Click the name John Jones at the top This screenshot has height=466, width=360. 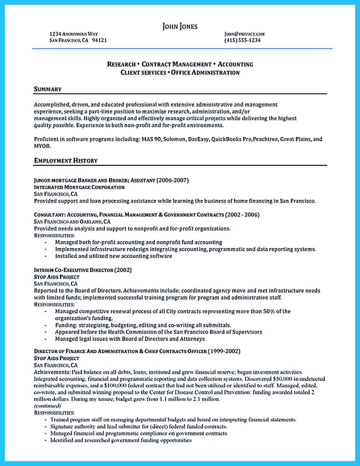coord(180,26)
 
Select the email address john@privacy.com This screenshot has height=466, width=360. coord(244,34)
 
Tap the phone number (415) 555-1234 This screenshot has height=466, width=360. coord(242,40)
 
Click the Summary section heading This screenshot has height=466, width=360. coord(48,89)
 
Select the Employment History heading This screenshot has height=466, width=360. coord(66,160)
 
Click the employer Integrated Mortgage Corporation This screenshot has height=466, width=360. coord(80,187)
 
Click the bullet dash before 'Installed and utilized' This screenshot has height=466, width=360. coord(46,256)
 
